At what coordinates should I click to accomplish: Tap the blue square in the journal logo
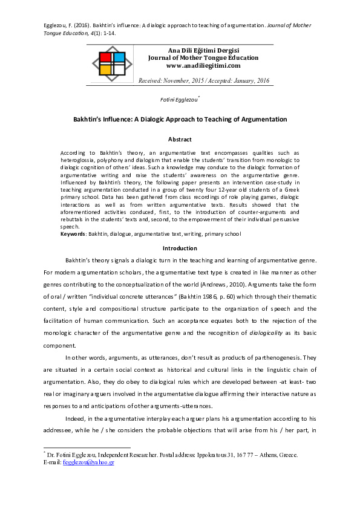119,57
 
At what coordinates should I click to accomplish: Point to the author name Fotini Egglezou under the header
179,99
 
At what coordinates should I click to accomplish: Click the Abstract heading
180,140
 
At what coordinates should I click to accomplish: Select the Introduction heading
180,248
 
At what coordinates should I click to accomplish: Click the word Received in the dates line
151,80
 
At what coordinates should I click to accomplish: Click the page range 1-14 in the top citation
105,33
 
